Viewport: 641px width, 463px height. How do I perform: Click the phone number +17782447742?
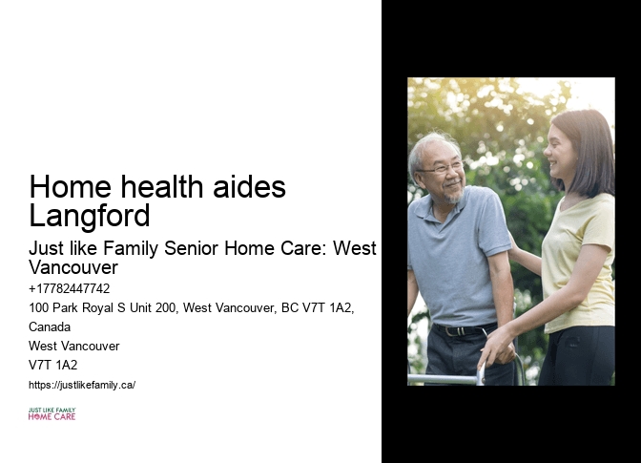coord(70,288)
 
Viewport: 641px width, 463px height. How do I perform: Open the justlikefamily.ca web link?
coord(82,385)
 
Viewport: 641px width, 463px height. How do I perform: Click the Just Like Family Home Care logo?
coord(52,413)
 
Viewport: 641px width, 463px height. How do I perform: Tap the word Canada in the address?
coord(50,326)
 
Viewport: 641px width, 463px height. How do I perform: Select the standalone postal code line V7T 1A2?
coord(53,365)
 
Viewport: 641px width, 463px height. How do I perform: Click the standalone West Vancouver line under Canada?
coord(74,346)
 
